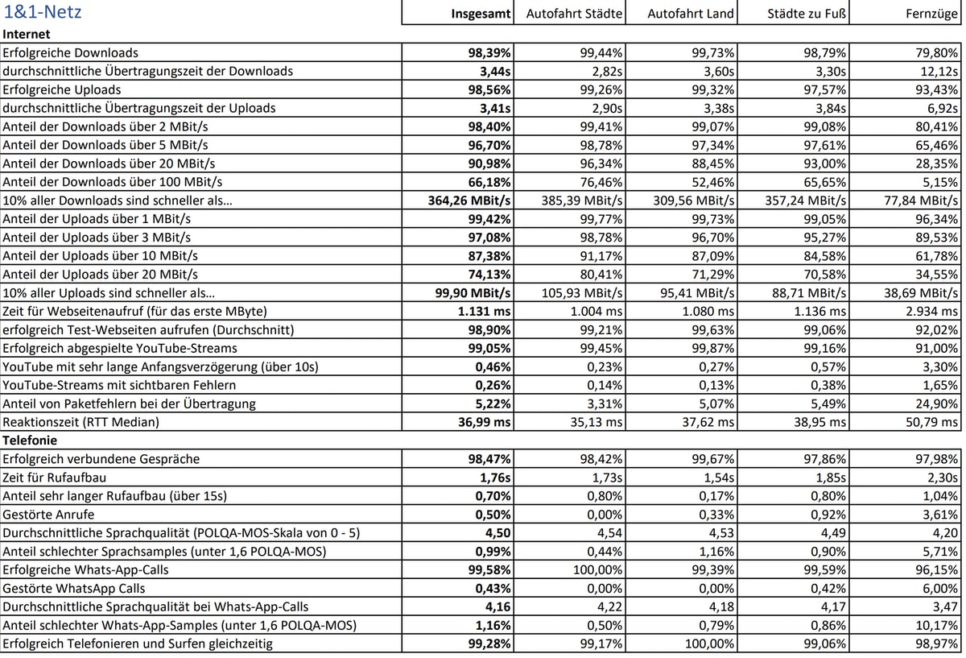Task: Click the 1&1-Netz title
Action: point(42,13)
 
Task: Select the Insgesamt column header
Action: point(481,14)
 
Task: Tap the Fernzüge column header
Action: point(931,14)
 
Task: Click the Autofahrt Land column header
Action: point(691,14)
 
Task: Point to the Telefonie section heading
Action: point(31,441)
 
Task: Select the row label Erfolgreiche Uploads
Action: point(62,89)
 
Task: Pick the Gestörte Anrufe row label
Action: point(48,515)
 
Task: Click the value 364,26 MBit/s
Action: point(469,201)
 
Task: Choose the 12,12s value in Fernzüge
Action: point(939,72)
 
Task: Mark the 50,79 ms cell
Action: point(933,421)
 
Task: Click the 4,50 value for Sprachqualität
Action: point(497,532)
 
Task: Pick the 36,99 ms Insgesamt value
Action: point(485,421)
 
